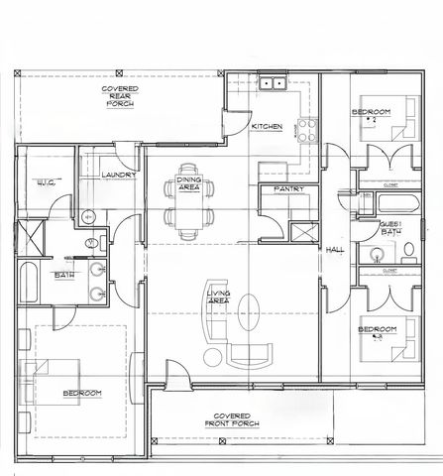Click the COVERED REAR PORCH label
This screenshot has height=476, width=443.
(x=119, y=95)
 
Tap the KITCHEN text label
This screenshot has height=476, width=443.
(x=268, y=127)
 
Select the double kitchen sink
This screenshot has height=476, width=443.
(x=273, y=85)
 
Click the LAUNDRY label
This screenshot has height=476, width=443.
(x=118, y=176)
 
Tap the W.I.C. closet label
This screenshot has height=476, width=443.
(x=45, y=182)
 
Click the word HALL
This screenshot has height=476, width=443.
(x=335, y=249)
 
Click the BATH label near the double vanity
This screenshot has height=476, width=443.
(x=64, y=275)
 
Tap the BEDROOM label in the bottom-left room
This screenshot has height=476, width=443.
(x=82, y=394)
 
